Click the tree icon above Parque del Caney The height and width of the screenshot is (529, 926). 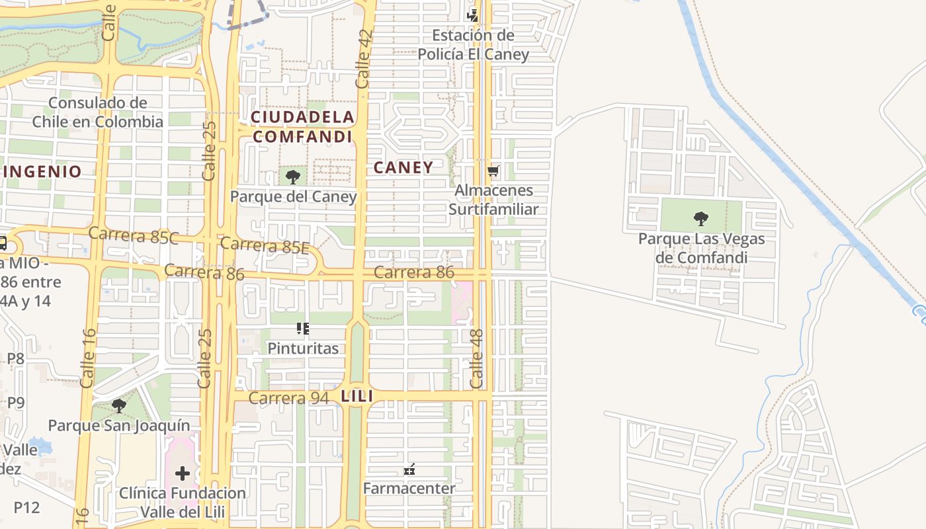292,177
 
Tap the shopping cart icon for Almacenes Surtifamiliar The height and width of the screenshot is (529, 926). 493,171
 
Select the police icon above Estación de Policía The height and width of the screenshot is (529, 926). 472,15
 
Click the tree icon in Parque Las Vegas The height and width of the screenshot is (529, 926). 700,218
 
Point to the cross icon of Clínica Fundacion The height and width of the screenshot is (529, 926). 183,473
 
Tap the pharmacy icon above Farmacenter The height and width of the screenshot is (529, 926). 409,469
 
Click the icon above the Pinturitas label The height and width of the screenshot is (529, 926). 303,329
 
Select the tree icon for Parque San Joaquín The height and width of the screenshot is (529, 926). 119,405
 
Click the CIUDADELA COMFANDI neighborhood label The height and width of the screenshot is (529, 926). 302,127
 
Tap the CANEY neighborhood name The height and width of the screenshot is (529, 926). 403,168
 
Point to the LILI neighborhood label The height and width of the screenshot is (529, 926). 357,397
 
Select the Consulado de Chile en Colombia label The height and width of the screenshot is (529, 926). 97,112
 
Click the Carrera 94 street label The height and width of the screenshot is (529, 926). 288,398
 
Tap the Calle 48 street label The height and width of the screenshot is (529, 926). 477,358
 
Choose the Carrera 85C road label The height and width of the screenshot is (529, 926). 133,235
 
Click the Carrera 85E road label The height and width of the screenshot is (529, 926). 265,245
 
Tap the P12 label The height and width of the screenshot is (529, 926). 26,507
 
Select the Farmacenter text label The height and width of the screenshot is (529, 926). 409,489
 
